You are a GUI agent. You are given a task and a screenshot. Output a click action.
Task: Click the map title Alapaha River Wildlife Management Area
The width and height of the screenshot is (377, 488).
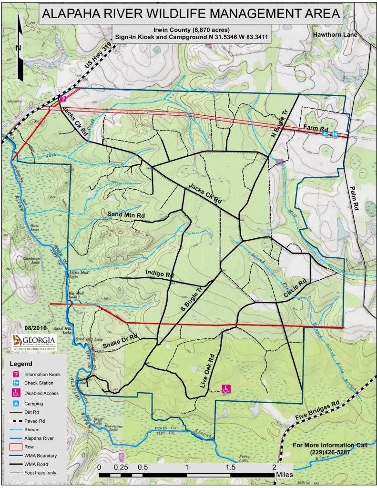pyautogui.click(x=191, y=14)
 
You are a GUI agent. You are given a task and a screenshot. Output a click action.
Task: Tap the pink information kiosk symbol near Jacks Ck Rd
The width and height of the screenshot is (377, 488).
pyautogui.click(x=62, y=99)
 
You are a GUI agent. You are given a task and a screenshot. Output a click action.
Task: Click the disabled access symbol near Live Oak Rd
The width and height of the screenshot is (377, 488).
pyautogui.click(x=227, y=389)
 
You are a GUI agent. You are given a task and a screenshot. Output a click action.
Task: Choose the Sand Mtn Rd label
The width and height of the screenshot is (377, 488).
pyautogui.click(x=127, y=215)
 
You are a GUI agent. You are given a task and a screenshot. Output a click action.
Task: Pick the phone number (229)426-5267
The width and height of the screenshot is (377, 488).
pyautogui.click(x=330, y=452)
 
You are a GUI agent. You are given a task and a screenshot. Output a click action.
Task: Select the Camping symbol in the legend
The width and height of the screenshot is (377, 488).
pyautogui.click(x=16, y=403)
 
